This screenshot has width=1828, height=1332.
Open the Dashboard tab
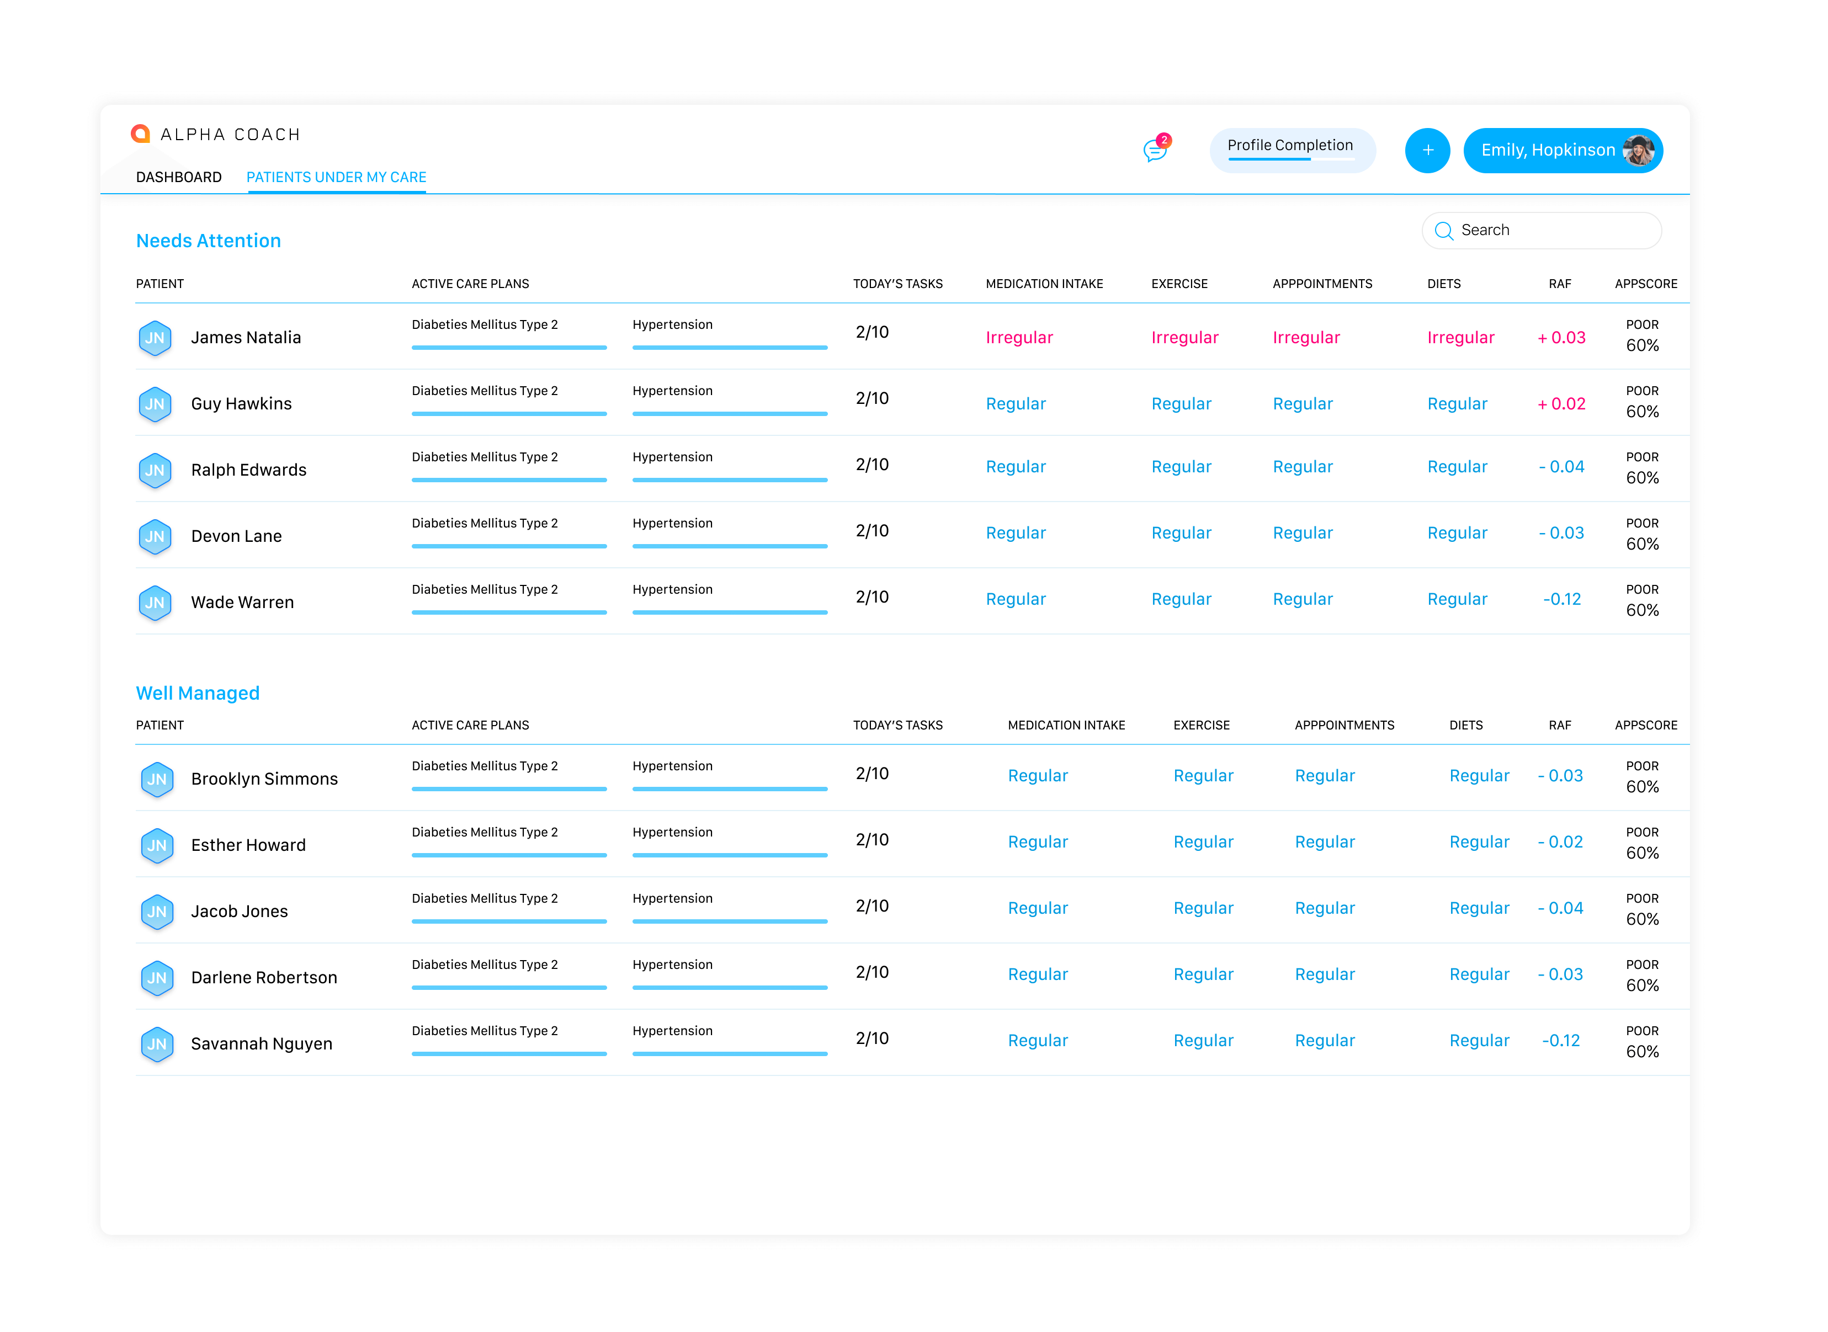(x=179, y=177)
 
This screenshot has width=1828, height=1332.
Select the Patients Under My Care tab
(x=336, y=177)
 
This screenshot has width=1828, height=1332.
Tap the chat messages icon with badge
(x=1156, y=148)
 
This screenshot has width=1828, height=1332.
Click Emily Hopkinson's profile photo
(x=1638, y=151)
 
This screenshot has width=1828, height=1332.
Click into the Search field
(x=1542, y=231)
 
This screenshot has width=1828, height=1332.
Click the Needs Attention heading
(x=209, y=241)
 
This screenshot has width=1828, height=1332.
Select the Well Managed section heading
(x=198, y=694)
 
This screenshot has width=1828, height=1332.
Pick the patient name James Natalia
(x=246, y=338)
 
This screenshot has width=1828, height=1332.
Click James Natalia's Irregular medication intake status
(x=1019, y=338)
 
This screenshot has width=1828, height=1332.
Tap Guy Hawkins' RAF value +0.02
(x=1562, y=404)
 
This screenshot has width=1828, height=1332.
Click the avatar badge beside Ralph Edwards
(x=155, y=471)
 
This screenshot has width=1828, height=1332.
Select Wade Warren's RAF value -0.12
(x=1562, y=599)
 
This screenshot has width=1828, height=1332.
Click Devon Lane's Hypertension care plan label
(x=672, y=523)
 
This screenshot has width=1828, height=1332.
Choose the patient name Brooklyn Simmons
(x=264, y=779)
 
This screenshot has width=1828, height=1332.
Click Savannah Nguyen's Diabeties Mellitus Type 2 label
(x=485, y=1031)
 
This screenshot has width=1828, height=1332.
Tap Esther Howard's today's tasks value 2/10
(x=873, y=840)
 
